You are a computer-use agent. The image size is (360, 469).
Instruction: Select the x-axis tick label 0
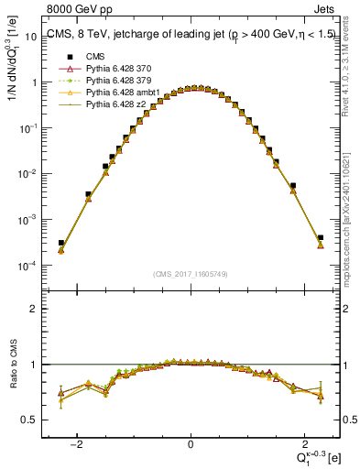click(191, 443)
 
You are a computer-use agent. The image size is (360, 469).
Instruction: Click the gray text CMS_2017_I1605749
click(190, 275)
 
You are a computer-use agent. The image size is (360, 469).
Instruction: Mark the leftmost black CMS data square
click(60, 243)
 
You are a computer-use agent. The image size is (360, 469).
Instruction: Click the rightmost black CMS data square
click(321, 238)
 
